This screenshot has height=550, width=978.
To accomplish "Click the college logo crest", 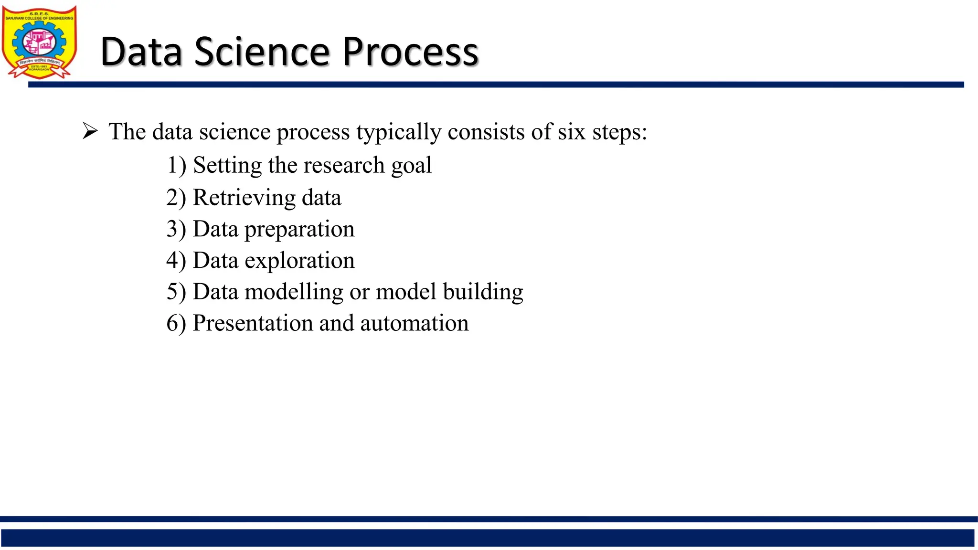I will [39, 42].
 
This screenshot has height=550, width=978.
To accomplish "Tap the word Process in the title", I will [410, 52].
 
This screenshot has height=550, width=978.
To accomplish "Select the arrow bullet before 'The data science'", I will [90, 131].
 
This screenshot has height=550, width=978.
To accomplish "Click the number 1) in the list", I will [176, 166].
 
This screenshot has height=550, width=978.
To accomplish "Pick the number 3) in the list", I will [176, 229].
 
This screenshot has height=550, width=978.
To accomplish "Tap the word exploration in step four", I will [299, 261].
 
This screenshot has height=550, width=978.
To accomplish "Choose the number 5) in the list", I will [176, 292].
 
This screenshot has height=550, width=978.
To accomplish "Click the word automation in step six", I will [414, 323].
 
